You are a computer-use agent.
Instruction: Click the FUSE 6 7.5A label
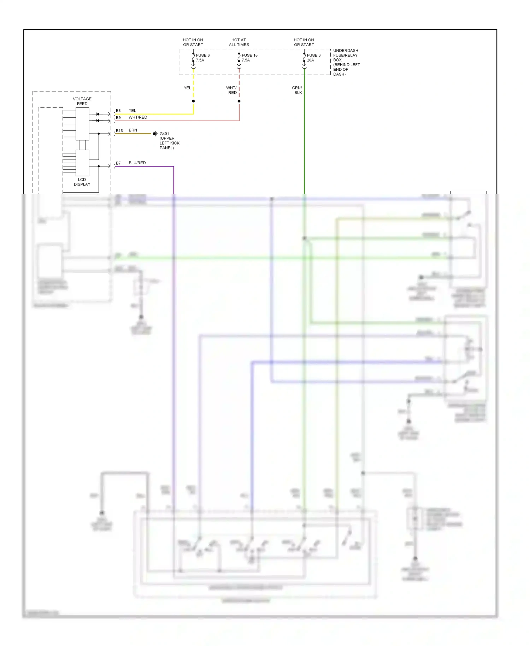point(202,58)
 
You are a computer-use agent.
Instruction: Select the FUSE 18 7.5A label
point(249,58)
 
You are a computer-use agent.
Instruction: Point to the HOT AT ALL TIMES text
point(239,42)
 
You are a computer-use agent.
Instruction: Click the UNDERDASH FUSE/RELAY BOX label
point(346,62)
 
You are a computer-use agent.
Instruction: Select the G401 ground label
point(169,141)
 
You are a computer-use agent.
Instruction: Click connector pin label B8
point(118,111)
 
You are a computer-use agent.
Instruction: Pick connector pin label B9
point(118,118)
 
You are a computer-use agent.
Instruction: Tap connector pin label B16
point(119,131)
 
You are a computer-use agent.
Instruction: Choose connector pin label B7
point(118,163)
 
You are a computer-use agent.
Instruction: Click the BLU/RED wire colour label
point(137,163)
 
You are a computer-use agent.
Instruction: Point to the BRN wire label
point(133,130)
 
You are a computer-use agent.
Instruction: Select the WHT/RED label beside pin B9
point(138,117)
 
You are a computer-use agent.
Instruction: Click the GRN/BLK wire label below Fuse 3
point(297,90)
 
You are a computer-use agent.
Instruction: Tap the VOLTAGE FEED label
point(82,101)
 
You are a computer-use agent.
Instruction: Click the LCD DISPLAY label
point(82,182)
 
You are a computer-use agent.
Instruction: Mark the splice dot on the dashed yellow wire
point(193,101)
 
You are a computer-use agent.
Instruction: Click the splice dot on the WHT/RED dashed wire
point(239,101)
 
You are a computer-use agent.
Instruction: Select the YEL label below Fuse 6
point(187,88)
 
